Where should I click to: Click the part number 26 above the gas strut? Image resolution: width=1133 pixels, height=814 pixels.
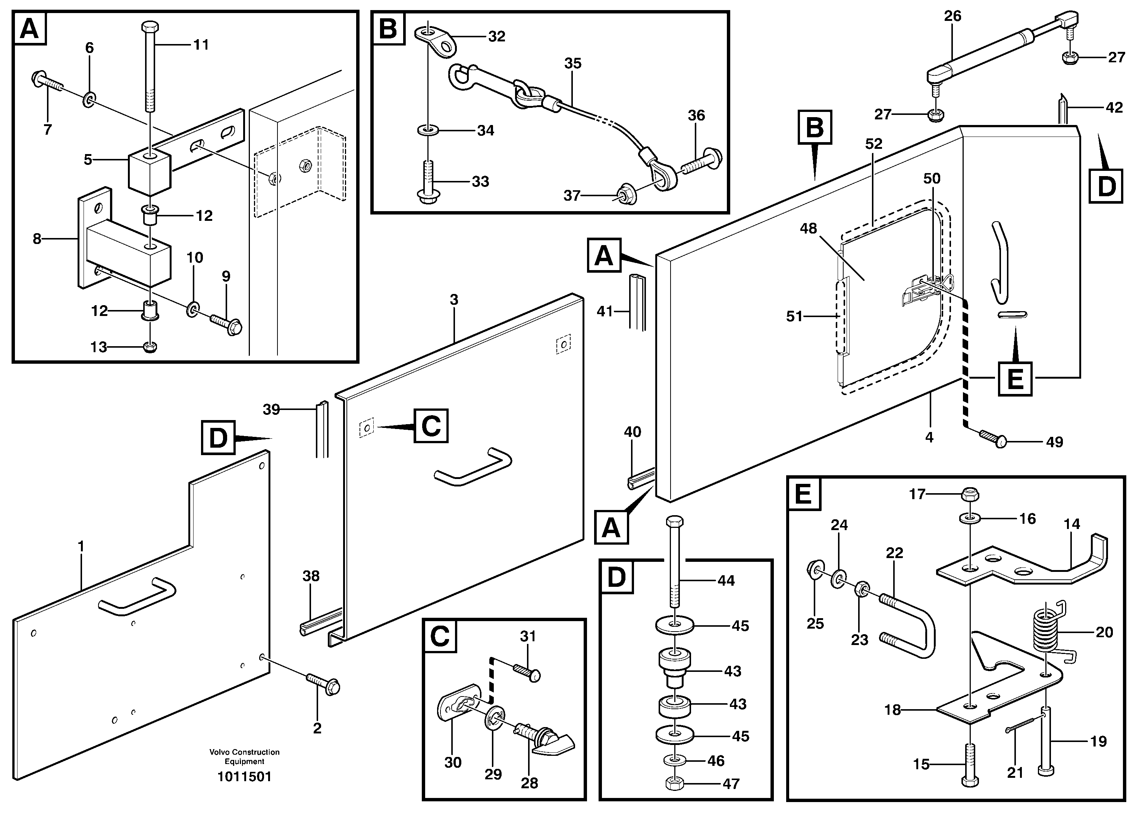tap(952, 16)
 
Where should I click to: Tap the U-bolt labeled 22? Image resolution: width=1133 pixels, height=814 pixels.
tap(909, 624)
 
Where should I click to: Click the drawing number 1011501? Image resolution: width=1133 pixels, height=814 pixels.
tap(244, 777)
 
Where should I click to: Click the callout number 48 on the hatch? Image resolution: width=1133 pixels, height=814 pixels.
tap(808, 228)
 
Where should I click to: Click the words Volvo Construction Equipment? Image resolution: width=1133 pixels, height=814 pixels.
tap(244, 756)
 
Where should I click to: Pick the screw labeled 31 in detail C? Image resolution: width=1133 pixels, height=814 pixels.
tap(527, 671)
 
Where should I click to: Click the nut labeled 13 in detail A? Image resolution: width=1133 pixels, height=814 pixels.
tap(150, 347)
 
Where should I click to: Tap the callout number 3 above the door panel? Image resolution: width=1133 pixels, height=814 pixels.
tap(453, 300)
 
